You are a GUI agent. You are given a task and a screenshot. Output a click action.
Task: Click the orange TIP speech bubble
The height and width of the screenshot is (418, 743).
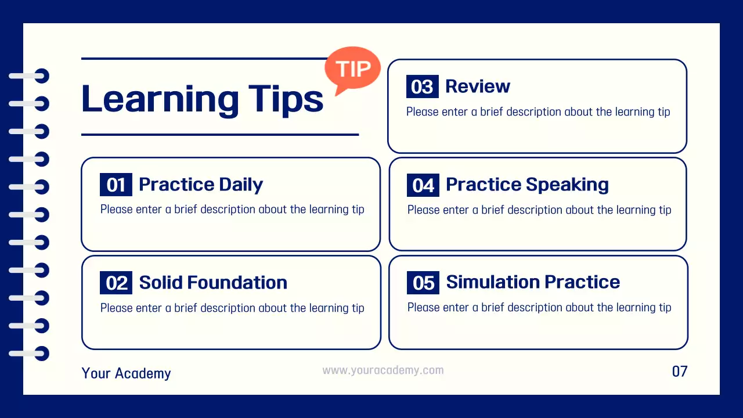pos(352,69)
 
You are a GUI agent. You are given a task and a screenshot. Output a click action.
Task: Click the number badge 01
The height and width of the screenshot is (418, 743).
pos(116,185)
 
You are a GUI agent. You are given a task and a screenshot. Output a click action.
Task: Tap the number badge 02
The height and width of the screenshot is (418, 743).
pos(116,283)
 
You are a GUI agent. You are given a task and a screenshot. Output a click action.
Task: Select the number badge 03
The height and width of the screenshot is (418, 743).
pos(422,87)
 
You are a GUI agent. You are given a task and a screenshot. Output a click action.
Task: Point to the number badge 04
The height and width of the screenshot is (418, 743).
pos(423,185)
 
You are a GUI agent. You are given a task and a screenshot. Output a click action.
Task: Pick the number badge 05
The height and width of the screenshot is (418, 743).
pos(423,283)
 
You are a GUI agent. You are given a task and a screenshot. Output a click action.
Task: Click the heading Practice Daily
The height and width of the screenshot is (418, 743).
pos(201,185)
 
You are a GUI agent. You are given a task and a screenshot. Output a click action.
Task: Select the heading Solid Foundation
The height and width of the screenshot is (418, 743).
pos(213,283)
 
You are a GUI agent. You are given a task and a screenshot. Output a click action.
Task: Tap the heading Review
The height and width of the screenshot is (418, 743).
pos(478,87)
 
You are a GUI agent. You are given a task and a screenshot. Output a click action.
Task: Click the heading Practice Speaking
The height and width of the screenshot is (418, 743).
pos(527,185)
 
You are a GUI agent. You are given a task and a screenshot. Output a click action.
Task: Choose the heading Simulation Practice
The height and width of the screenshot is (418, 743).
pos(533,282)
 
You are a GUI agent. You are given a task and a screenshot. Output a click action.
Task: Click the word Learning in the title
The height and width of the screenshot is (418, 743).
pos(160,99)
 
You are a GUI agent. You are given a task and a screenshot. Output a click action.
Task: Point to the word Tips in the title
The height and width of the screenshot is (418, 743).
pos(286,99)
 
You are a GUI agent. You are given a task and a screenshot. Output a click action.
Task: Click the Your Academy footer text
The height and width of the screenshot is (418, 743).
pos(127,373)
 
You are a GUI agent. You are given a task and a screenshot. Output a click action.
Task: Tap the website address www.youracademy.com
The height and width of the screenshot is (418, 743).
pos(383,370)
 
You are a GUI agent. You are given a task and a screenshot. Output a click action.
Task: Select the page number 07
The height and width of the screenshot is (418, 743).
pos(680,372)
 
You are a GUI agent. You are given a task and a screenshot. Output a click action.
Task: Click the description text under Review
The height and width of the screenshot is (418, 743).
pos(538,112)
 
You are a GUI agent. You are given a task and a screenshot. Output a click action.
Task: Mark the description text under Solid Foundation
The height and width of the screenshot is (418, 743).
pos(232,308)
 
